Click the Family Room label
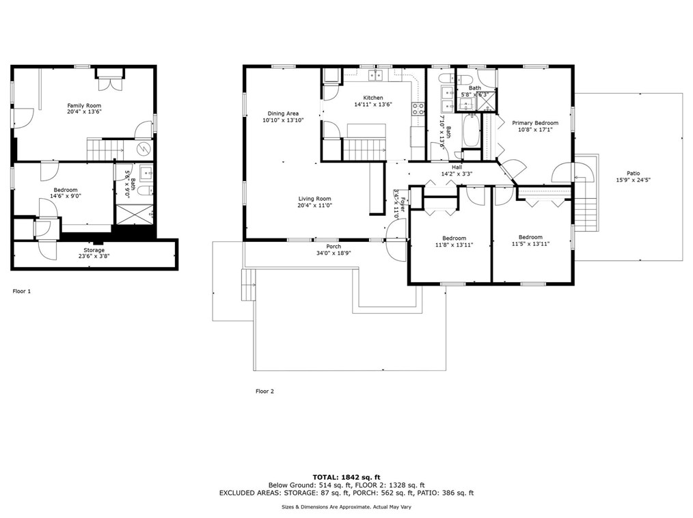pos(84,105)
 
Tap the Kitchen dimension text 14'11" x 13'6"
pos(373,105)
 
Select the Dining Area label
pos(283,113)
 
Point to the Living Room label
pos(314,199)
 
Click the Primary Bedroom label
pos(535,123)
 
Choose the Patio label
pos(634,174)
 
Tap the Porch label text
pos(334,247)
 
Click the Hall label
pos(457,167)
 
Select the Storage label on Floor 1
pos(94,250)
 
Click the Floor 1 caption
pos(22,291)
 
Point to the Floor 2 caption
pos(264,392)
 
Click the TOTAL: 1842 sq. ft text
pos(346,476)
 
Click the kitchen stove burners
pos(417,109)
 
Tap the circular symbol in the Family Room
pos(144,150)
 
